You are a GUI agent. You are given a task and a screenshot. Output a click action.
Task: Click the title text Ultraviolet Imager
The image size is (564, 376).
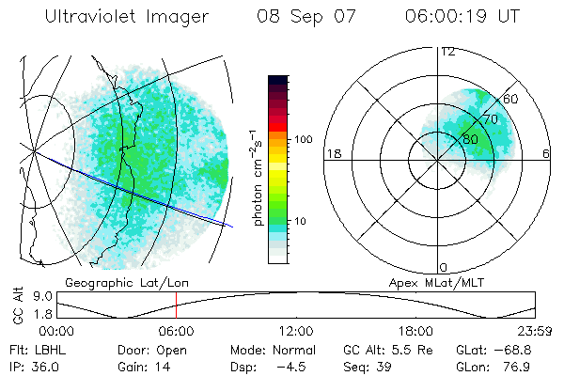(x=126, y=17)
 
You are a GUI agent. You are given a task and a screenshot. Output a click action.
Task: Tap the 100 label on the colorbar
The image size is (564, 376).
(x=303, y=139)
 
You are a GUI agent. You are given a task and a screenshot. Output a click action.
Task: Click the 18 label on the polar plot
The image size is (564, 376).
(x=333, y=153)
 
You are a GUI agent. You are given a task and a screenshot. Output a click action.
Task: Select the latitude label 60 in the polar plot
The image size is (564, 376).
(x=511, y=99)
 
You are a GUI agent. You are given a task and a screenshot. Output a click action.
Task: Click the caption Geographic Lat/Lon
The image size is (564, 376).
(x=105, y=282)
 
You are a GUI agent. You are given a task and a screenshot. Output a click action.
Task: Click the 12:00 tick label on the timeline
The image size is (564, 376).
(x=296, y=331)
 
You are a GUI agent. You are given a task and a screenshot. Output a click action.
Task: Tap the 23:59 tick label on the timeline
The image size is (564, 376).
(x=535, y=331)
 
